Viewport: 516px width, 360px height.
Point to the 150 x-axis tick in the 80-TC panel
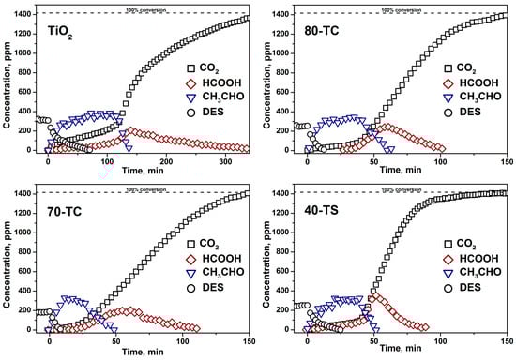[506, 158]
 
